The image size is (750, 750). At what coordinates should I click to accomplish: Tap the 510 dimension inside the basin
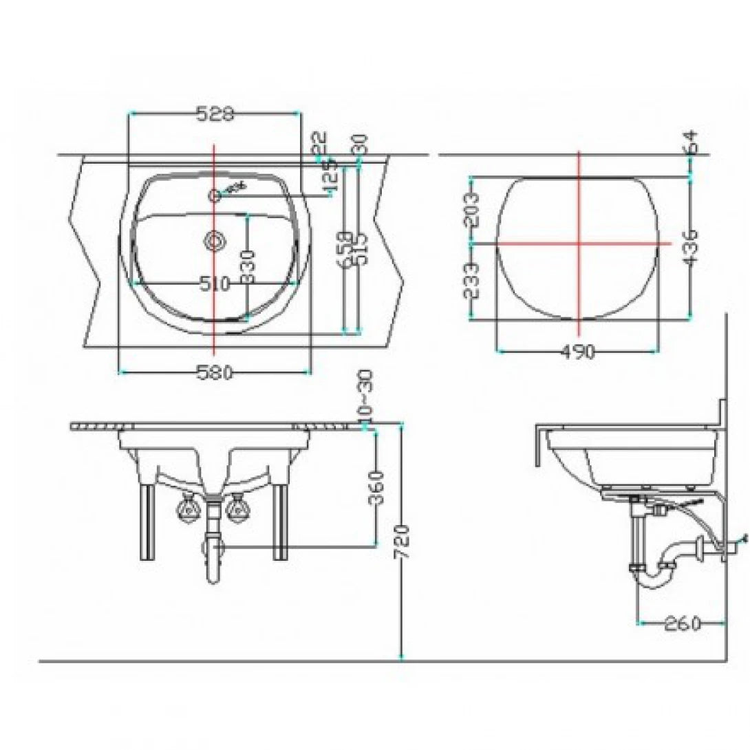tap(213, 283)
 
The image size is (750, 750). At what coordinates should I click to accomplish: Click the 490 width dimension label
tap(578, 352)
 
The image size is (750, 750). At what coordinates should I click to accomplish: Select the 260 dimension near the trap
tap(682, 623)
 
